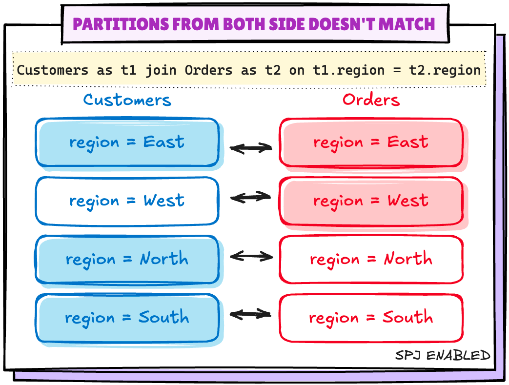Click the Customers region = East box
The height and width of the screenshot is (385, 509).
click(127, 142)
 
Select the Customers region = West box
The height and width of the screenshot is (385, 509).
click(127, 201)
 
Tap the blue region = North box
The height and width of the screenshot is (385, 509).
click(127, 259)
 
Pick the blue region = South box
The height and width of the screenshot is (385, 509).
click(127, 318)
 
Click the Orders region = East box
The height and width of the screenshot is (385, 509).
click(371, 142)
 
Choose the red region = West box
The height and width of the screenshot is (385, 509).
click(371, 201)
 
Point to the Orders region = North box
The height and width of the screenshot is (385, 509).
click(371, 259)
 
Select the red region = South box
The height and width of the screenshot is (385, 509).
click(371, 318)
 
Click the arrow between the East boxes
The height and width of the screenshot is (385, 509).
click(250, 147)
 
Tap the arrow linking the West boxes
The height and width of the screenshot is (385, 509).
click(250, 198)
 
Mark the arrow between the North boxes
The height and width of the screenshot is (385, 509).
click(251, 256)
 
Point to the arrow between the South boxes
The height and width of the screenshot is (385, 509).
click(250, 314)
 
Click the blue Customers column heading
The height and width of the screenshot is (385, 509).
click(127, 100)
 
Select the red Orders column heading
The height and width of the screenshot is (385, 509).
click(371, 100)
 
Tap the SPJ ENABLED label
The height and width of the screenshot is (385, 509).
click(443, 355)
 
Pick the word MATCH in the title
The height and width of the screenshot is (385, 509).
click(410, 24)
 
